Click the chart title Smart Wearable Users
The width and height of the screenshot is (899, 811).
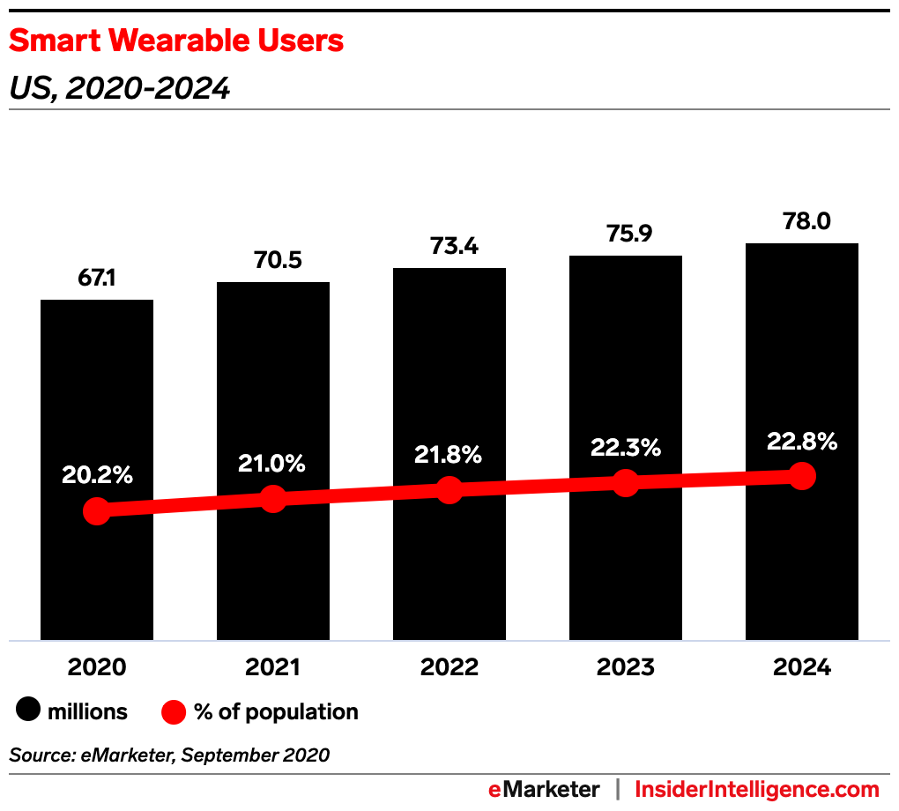pos(176,41)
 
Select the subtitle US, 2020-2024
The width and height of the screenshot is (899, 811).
pos(119,88)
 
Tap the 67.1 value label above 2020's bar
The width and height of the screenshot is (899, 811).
pos(97,279)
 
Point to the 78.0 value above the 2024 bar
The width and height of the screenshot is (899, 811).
pos(801,222)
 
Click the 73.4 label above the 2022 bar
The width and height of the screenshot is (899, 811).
pos(449,247)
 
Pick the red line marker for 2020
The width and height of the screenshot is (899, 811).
pos(97,511)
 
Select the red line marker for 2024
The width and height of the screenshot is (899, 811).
pos(801,476)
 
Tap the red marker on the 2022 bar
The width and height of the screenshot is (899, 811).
pos(449,490)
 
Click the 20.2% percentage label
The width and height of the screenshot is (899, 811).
pos(97,474)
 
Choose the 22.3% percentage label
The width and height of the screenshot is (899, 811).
pos(625,448)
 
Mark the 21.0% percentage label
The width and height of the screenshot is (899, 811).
pos(273,463)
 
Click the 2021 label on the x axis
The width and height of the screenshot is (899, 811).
pos(273,667)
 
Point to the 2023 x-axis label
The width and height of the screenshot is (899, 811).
pos(625,667)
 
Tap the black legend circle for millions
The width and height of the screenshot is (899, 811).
pos(30,711)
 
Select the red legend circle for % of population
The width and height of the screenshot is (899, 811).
pos(175,711)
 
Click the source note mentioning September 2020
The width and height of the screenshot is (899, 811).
pos(169,755)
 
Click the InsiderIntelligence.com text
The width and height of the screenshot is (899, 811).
pos(757,789)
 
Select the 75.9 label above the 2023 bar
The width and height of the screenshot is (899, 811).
pos(625,234)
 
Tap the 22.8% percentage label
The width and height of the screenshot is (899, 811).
pos(801,441)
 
